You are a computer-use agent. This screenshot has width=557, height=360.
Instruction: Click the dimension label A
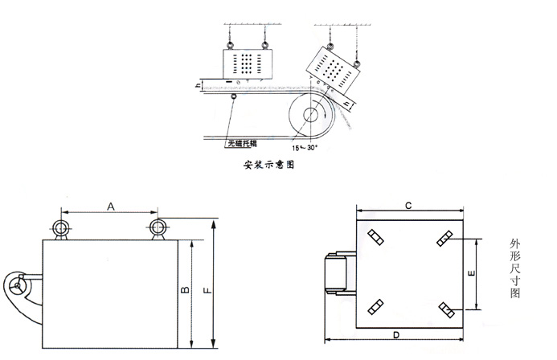pos(111,207)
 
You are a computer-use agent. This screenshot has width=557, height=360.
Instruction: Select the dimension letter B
pos(185,290)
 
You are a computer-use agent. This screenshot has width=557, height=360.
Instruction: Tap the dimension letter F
pos(208,290)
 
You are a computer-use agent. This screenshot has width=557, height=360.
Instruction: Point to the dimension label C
pos(408,206)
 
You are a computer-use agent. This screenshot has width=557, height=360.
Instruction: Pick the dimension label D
pos(396,335)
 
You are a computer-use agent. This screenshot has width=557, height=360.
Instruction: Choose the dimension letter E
pos(471,273)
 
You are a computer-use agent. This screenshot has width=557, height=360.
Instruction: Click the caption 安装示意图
pos(269,165)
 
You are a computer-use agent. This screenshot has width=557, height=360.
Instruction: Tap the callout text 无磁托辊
pos(242,143)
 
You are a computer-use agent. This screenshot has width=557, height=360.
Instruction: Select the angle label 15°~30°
pos(305,148)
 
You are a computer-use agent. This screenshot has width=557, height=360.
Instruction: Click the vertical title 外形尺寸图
pos(514,268)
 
